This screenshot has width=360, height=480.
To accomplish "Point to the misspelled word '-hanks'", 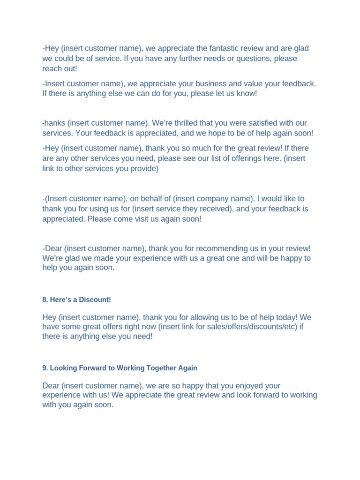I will coord(53,123).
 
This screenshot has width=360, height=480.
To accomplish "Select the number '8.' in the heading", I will coord(45,300).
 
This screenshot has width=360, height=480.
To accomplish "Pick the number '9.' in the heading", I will coord(45,368).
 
